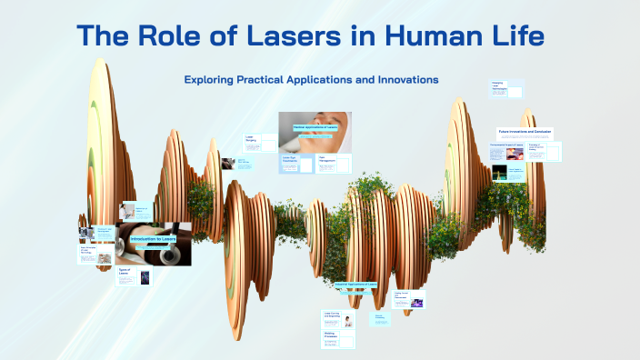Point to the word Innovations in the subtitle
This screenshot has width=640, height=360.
click(x=405, y=80)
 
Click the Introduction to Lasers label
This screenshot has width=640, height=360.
click(x=152, y=239)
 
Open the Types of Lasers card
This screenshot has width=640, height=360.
click(x=125, y=273)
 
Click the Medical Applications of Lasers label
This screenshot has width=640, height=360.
click(x=314, y=128)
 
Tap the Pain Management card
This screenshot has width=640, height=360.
click(x=334, y=164)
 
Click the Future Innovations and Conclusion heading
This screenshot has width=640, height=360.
click(x=525, y=131)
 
